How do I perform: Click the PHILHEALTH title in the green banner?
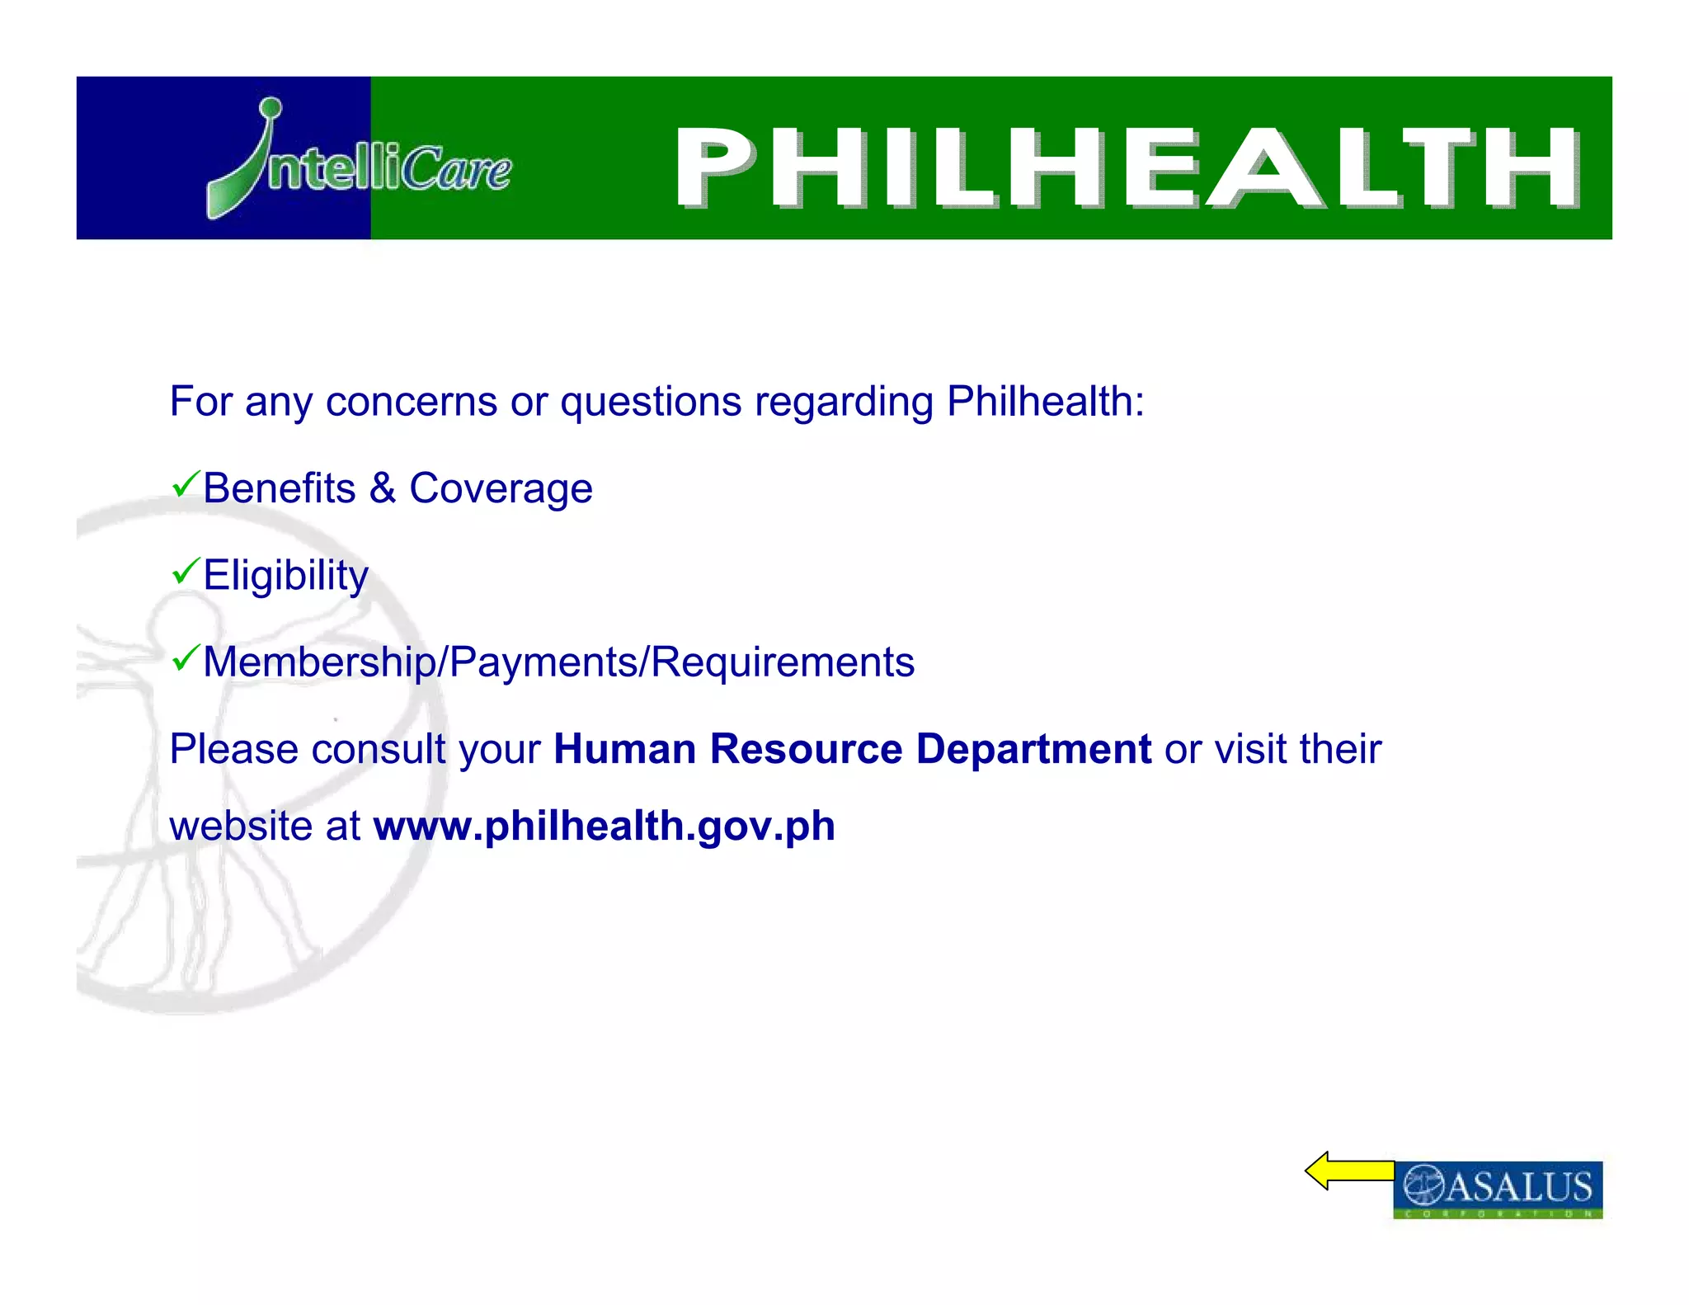pyautogui.click(x=1127, y=167)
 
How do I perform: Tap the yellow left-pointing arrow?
pyautogui.click(x=1349, y=1171)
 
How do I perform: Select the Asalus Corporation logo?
pyautogui.click(x=1498, y=1189)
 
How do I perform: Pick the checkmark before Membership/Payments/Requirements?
pyautogui.click(x=186, y=657)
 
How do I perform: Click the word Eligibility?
pyautogui.click(x=285, y=575)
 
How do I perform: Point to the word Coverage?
pyautogui.click(x=501, y=488)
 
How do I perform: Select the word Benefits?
pyautogui.click(x=280, y=488)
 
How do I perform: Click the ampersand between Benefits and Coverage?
pyautogui.click(x=383, y=488)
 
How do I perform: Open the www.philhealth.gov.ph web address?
pyautogui.click(x=605, y=826)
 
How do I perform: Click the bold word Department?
pyautogui.click(x=1033, y=749)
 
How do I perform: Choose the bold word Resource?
pyautogui.click(x=807, y=749)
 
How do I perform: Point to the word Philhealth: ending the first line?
pyautogui.click(x=1046, y=402)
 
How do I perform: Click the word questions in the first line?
pyautogui.click(x=652, y=402)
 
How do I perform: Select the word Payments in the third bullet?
pyautogui.click(x=545, y=662)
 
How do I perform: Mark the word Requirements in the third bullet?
pyautogui.click(x=783, y=662)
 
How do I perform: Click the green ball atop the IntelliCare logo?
pyautogui.click(x=270, y=108)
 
